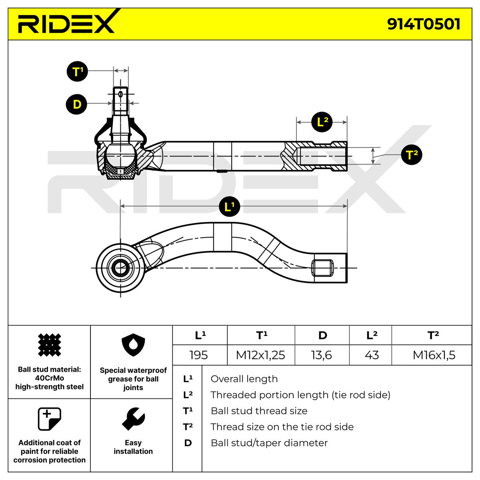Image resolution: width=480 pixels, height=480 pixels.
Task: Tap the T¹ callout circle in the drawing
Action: pyautogui.click(x=77, y=72)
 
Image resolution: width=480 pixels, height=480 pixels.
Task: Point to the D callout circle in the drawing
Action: pyautogui.click(x=76, y=104)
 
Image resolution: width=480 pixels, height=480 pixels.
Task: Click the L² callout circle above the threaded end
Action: pyautogui.click(x=322, y=122)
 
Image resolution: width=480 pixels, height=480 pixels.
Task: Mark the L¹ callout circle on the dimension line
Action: pyautogui.click(x=229, y=206)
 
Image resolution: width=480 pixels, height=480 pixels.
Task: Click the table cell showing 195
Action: pyautogui.click(x=199, y=355)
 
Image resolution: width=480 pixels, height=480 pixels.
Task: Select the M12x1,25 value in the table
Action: pyautogui.click(x=260, y=355)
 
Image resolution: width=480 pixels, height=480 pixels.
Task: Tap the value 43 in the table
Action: pyautogui.click(x=372, y=355)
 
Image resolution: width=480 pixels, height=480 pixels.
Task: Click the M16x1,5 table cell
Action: pyautogui.click(x=434, y=355)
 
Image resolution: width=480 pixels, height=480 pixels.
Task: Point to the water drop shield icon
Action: pyautogui.click(x=133, y=346)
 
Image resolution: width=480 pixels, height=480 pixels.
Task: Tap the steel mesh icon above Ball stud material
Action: pyautogui.click(x=49, y=345)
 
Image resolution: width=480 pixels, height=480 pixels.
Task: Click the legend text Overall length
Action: pyautogui.click(x=244, y=379)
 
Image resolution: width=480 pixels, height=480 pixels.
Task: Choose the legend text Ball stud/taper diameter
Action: pyautogui.click(x=269, y=443)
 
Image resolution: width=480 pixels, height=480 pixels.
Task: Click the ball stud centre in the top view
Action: pyautogui.click(x=120, y=268)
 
